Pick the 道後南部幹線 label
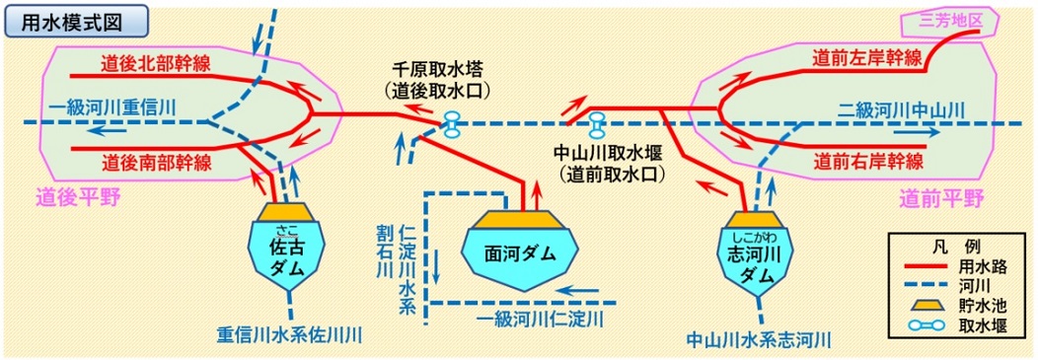[x=157, y=162]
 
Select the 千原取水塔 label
[x=441, y=71]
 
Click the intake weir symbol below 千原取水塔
[x=453, y=123]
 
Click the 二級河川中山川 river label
[x=897, y=108]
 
